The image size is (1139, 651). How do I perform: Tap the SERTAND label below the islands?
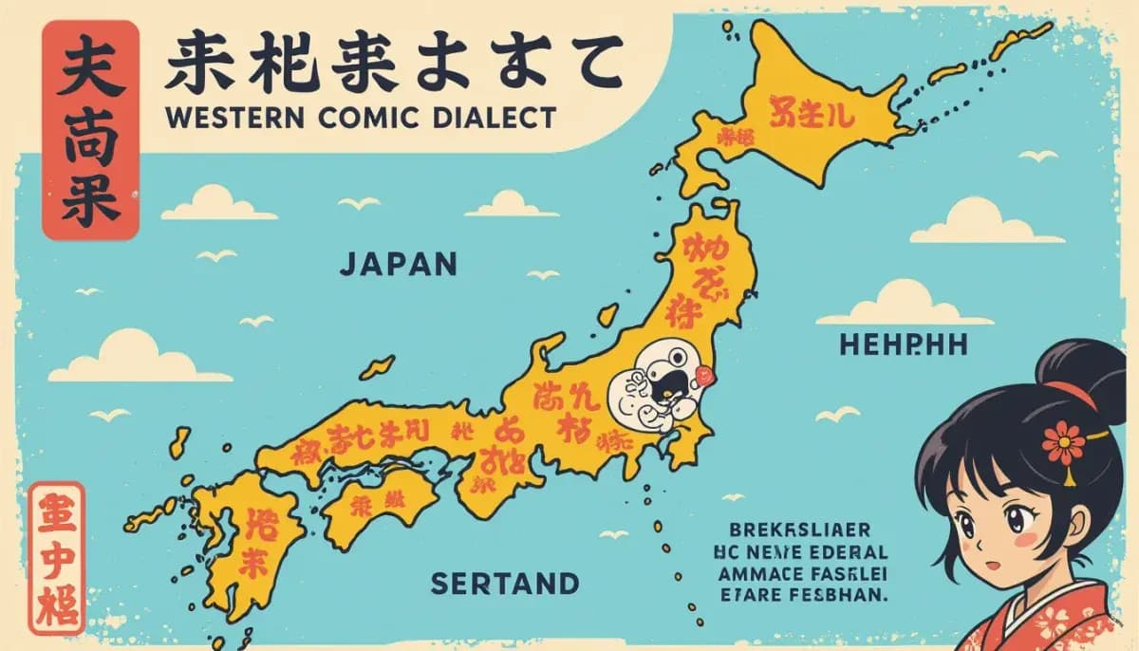[503, 582]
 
